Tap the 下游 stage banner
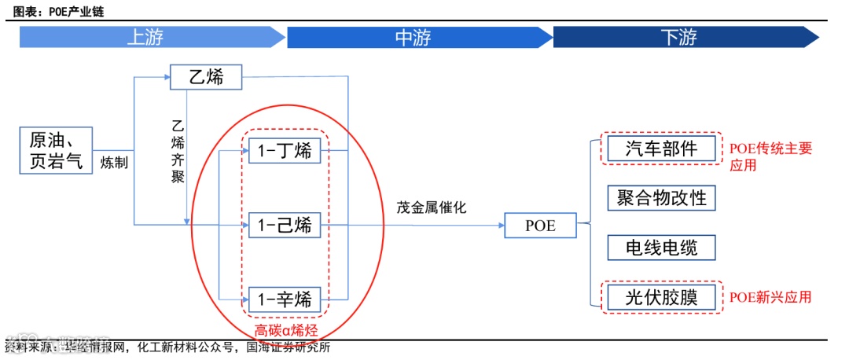(680, 37)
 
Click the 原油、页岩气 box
(56, 149)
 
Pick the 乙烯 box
(206, 78)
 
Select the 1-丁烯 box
(285, 149)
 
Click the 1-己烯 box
(285, 226)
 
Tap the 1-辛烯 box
(285, 299)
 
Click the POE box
(541, 226)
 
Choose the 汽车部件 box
(662, 148)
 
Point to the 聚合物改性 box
(662, 197)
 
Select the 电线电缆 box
(662, 248)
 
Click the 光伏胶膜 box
(662, 297)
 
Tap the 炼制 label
(114, 163)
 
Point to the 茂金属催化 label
(432, 208)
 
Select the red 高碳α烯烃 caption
(286, 331)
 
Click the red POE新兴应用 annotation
(770, 297)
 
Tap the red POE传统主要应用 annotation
(770, 156)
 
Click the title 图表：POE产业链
(58, 12)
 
